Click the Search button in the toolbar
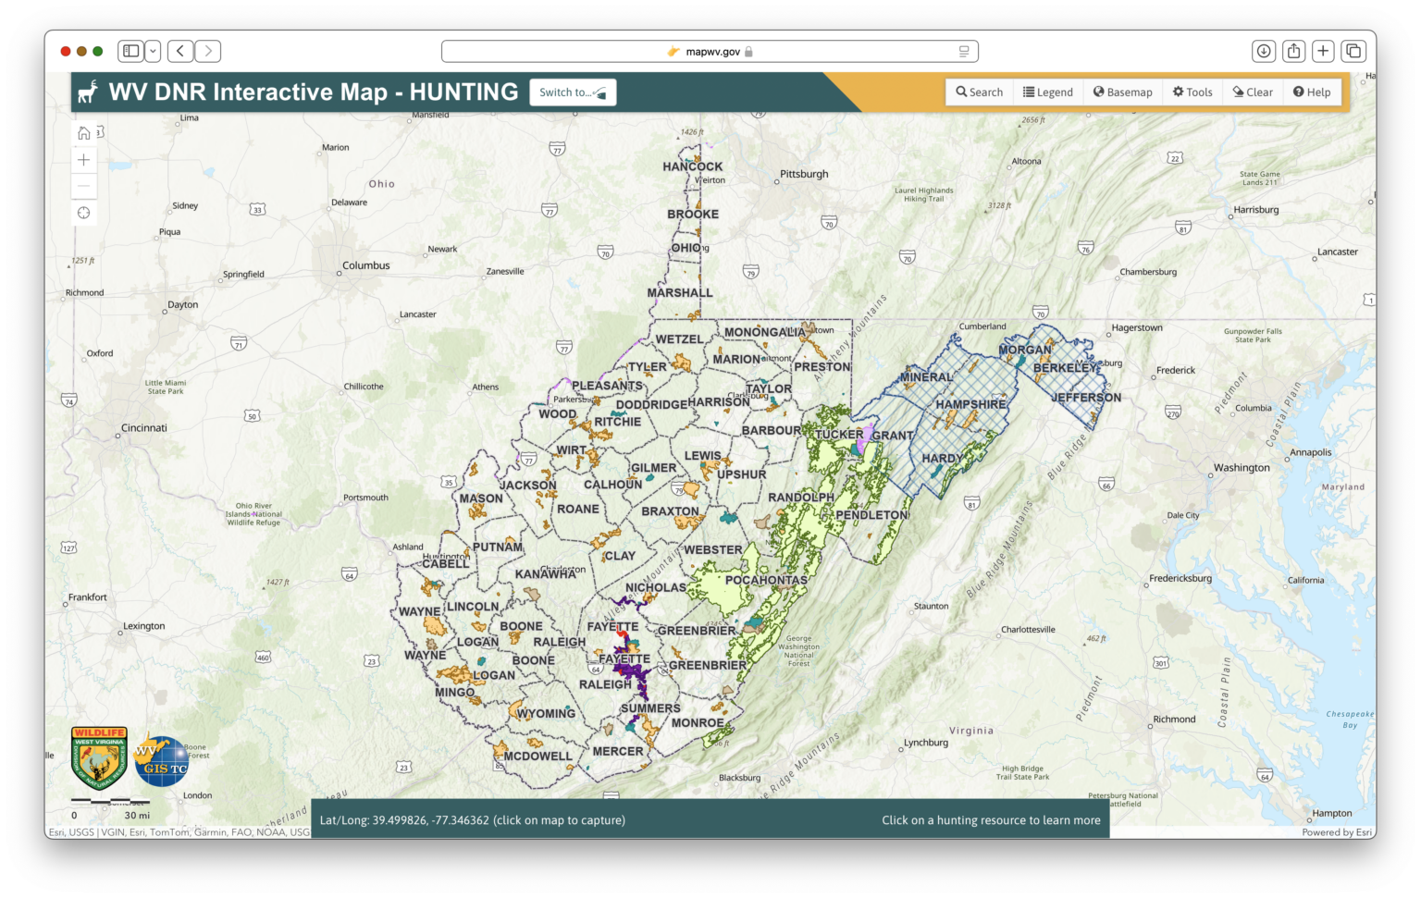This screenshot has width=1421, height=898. (979, 92)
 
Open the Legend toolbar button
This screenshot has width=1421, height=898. (1047, 92)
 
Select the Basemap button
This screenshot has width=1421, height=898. (1122, 92)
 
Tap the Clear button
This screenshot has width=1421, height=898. (1253, 92)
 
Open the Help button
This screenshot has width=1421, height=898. (1312, 92)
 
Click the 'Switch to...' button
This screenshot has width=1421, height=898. (573, 92)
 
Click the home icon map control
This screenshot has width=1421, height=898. (84, 133)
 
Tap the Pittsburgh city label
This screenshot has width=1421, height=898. (804, 174)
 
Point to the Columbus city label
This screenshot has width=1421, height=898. (366, 265)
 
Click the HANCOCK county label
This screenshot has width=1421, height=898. (693, 167)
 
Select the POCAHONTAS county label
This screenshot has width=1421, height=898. (766, 581)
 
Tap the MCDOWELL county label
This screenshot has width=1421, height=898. (538, 757)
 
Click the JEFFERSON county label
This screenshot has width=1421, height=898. (1086, 398)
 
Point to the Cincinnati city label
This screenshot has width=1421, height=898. (144, 428)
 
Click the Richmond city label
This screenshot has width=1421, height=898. (1174, 720)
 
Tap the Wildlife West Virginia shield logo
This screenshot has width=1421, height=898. (99, 756)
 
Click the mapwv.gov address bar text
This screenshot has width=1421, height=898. (712, 52)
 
